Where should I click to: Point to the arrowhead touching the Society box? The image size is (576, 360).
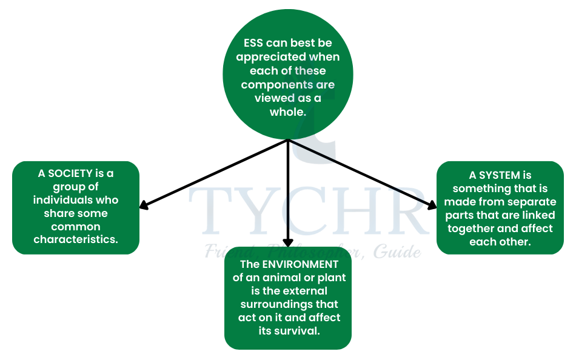click(x=144, y=205)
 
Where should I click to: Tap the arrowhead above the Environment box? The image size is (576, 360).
click(x=288, y=243)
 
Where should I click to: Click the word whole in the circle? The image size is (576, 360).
click(x=287, y=112)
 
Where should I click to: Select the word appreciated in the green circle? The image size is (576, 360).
click(x=271, y=58)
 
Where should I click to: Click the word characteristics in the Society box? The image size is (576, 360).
click(x=75, y=239)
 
